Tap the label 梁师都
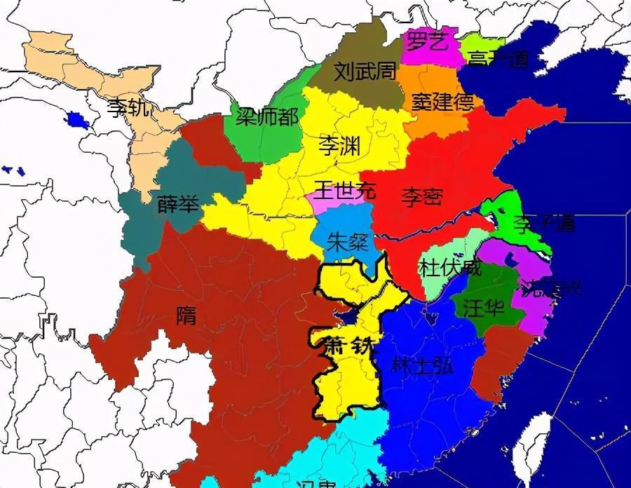coord(266,116)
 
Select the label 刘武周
coord(365,72)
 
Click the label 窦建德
coord(442,102)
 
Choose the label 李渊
coord(339,146)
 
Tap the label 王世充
coord(344,189)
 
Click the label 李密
coord(422,197)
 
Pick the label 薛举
coord(178,204)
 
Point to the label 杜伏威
coord(450,268)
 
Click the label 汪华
coord(484,306)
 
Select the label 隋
coord(186,316)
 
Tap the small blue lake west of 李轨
coord(78,120)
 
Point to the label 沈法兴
coord(550,288)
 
